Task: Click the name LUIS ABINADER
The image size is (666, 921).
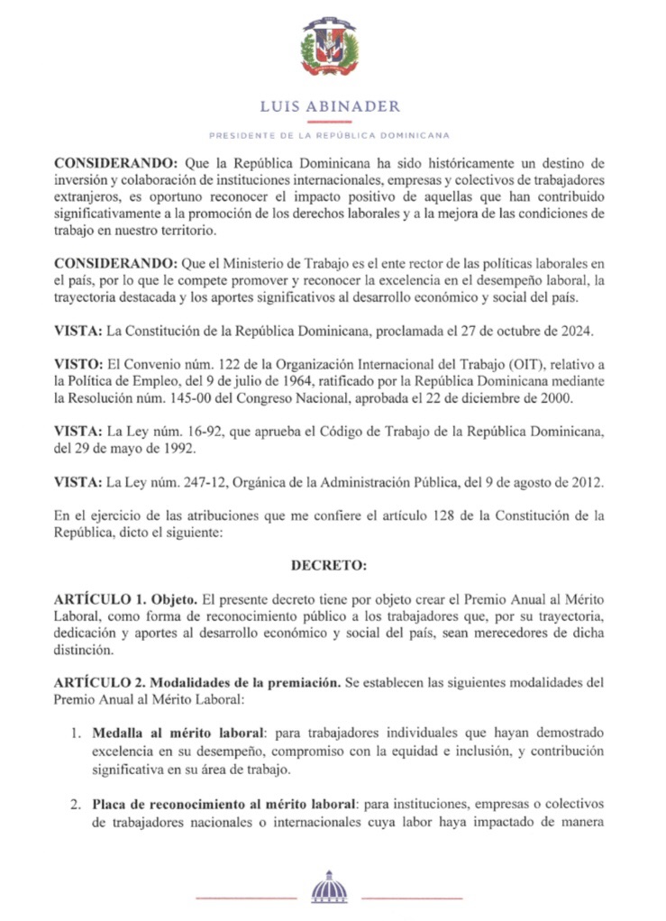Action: pyautogui.click(x=330, y=106)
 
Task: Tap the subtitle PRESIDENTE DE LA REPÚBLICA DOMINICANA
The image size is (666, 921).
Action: pyautogui.click(x=330, y=136)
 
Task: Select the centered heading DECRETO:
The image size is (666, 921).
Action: pyautogui.click(x=329, y=566)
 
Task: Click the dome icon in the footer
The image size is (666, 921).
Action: pyautogui.click(x=329, y=889)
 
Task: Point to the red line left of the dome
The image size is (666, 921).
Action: pyautogui.click(x=245, y=898)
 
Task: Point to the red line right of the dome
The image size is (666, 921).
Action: pyautogui.click(x=412, y=898)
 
